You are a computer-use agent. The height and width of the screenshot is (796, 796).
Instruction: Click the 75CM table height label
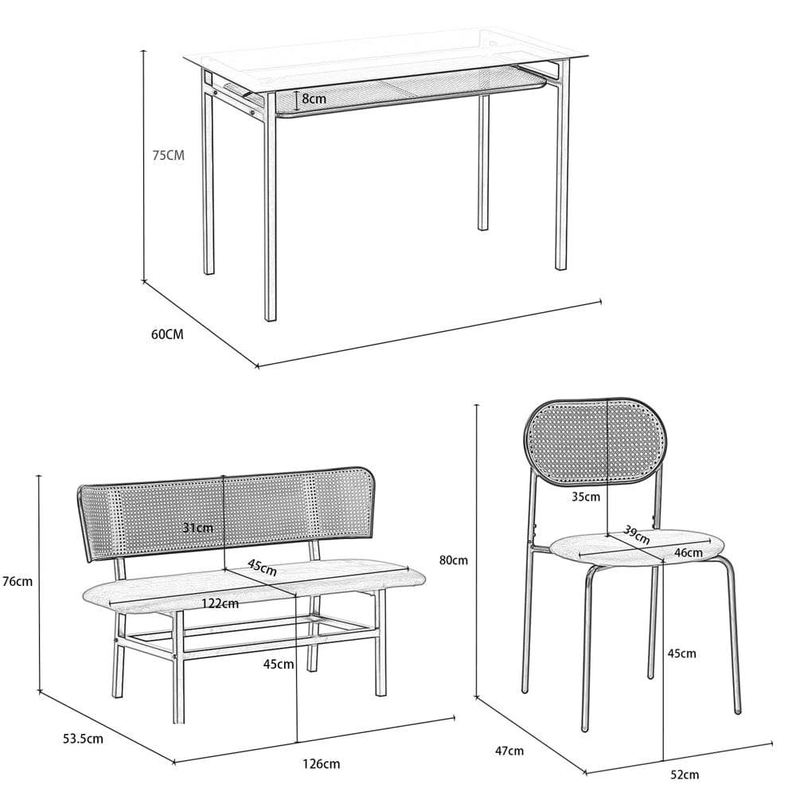coord(169,155)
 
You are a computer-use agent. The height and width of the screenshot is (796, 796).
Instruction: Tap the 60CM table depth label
coord(167,334)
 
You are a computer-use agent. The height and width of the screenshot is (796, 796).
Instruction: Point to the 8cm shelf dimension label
coord(314,99)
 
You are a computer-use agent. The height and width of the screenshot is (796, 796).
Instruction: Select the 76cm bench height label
coord(18,581)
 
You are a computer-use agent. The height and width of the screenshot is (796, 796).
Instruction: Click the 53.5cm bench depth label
coord(83,739)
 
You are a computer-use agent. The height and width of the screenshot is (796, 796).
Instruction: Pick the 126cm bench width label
coord(322,764)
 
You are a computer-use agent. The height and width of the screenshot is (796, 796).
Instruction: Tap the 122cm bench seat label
coord(220,603)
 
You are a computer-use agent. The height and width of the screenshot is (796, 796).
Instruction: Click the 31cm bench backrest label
coord(198,528)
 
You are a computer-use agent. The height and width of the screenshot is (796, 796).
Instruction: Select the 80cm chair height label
coord(454,560)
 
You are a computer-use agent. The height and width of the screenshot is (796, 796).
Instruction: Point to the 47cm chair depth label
coord(509,751)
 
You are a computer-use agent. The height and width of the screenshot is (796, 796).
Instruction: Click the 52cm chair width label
coord(685,775)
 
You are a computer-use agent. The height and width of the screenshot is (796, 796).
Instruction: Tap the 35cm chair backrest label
coord(586,497)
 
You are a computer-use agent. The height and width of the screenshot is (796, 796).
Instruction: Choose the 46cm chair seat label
coord(689,552)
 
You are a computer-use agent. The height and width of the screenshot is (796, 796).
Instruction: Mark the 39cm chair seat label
coord(637,534)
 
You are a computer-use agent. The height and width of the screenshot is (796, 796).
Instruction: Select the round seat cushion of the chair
coord(638,548)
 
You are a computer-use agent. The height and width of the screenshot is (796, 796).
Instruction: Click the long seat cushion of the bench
coord(253,584)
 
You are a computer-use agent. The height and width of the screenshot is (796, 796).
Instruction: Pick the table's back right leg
coord(483,162)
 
